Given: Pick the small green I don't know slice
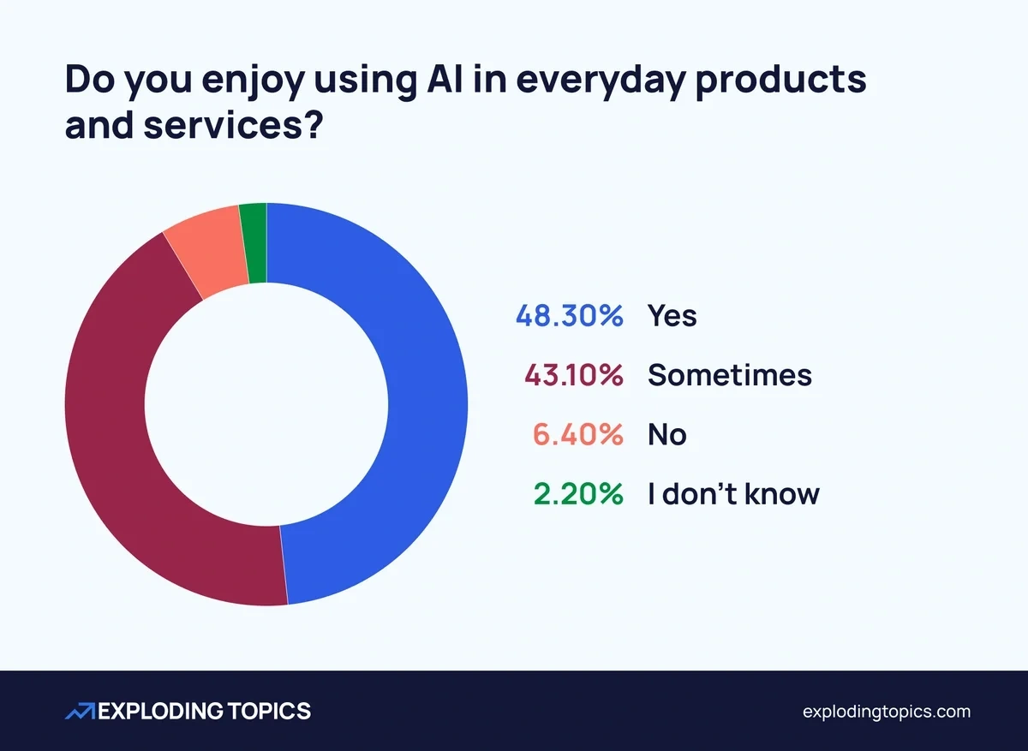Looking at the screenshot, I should coord(254,243).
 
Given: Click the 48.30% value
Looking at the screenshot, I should coord(569,316).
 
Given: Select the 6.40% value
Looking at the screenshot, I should coord(577,434).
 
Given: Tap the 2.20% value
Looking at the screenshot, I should coord(577,493).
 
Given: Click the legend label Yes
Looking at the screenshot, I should coord(672,316).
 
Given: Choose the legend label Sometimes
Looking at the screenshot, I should coord(730,375).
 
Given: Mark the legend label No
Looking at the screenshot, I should coord(667,434).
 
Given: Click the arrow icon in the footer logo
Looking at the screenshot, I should coord(80,711).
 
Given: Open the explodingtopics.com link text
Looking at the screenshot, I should coord(887,711).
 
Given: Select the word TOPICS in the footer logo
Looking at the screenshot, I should coord(270,711).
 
